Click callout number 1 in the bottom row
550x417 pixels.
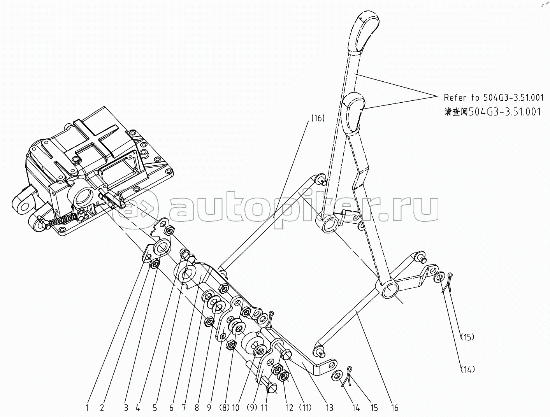click(88, 408)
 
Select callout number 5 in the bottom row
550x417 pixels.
click(155, 408)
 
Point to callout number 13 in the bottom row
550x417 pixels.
click(329, 408)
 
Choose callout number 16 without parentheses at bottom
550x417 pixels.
click(395, 408)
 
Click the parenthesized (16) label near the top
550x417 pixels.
click(318, 118)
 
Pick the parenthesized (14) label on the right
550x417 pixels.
click(467, 369)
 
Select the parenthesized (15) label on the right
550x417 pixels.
click(467, 337)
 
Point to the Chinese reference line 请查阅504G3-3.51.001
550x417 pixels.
click(492, 112)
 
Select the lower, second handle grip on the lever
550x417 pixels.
click(353, 113)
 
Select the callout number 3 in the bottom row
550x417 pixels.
click(126, 408)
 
